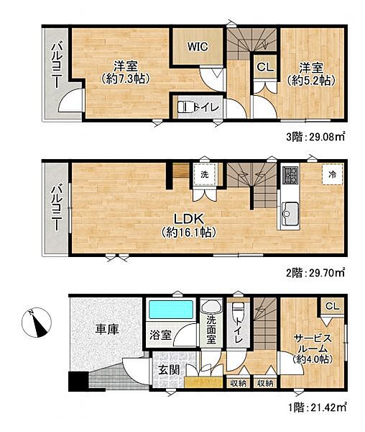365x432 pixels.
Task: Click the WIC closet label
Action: click(198, 47)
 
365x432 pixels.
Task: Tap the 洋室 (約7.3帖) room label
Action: click(125, 71)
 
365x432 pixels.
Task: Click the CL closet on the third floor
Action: click(264, 66)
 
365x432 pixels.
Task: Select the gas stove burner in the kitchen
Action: click(291, 176)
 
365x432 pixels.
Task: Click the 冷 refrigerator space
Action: click(332, 174)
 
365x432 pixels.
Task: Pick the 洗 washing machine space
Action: click(205, 174)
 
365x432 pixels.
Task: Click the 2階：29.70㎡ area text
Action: click(312, 272)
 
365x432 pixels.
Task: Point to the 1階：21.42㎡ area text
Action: click(312, 407)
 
